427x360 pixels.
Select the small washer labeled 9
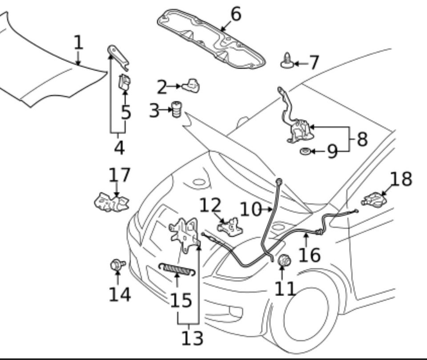click(305, 152)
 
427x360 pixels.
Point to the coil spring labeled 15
click(177, 268)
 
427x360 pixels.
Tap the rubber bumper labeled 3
click(177, 109)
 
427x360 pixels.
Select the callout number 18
click(401, 179)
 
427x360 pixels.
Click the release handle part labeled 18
click(375, 199)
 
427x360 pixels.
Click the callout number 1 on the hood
click(78, 43)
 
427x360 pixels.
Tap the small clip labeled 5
click(125, 83)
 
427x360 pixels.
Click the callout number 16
click(309, 255)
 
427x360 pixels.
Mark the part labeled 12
click(230, 226)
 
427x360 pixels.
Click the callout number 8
click(362, 139)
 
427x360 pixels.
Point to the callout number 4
click(119, 147)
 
